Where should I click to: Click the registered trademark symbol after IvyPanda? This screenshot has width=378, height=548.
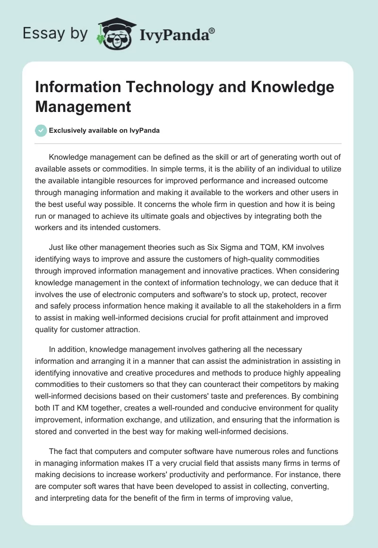click(212, 31)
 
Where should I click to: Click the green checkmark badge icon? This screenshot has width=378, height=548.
click(41, 130)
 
